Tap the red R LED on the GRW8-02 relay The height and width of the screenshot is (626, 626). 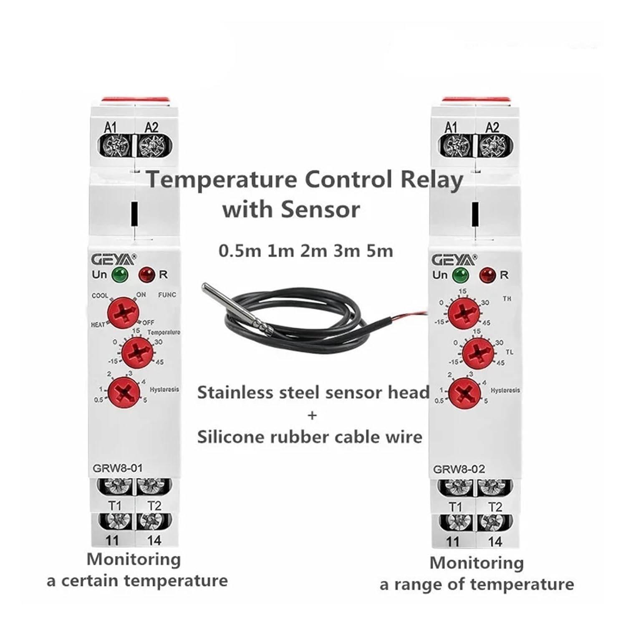pos(487,275)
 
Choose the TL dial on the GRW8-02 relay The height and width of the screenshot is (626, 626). pos(476,353)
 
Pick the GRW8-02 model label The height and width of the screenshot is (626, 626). pos(459,469)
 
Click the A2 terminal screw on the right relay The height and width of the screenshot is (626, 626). pos(493,147)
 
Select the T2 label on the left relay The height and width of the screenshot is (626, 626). pos(154,506)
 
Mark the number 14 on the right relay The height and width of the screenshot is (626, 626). pos(495,542)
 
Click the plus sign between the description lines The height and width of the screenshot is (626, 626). pos(312,415)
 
